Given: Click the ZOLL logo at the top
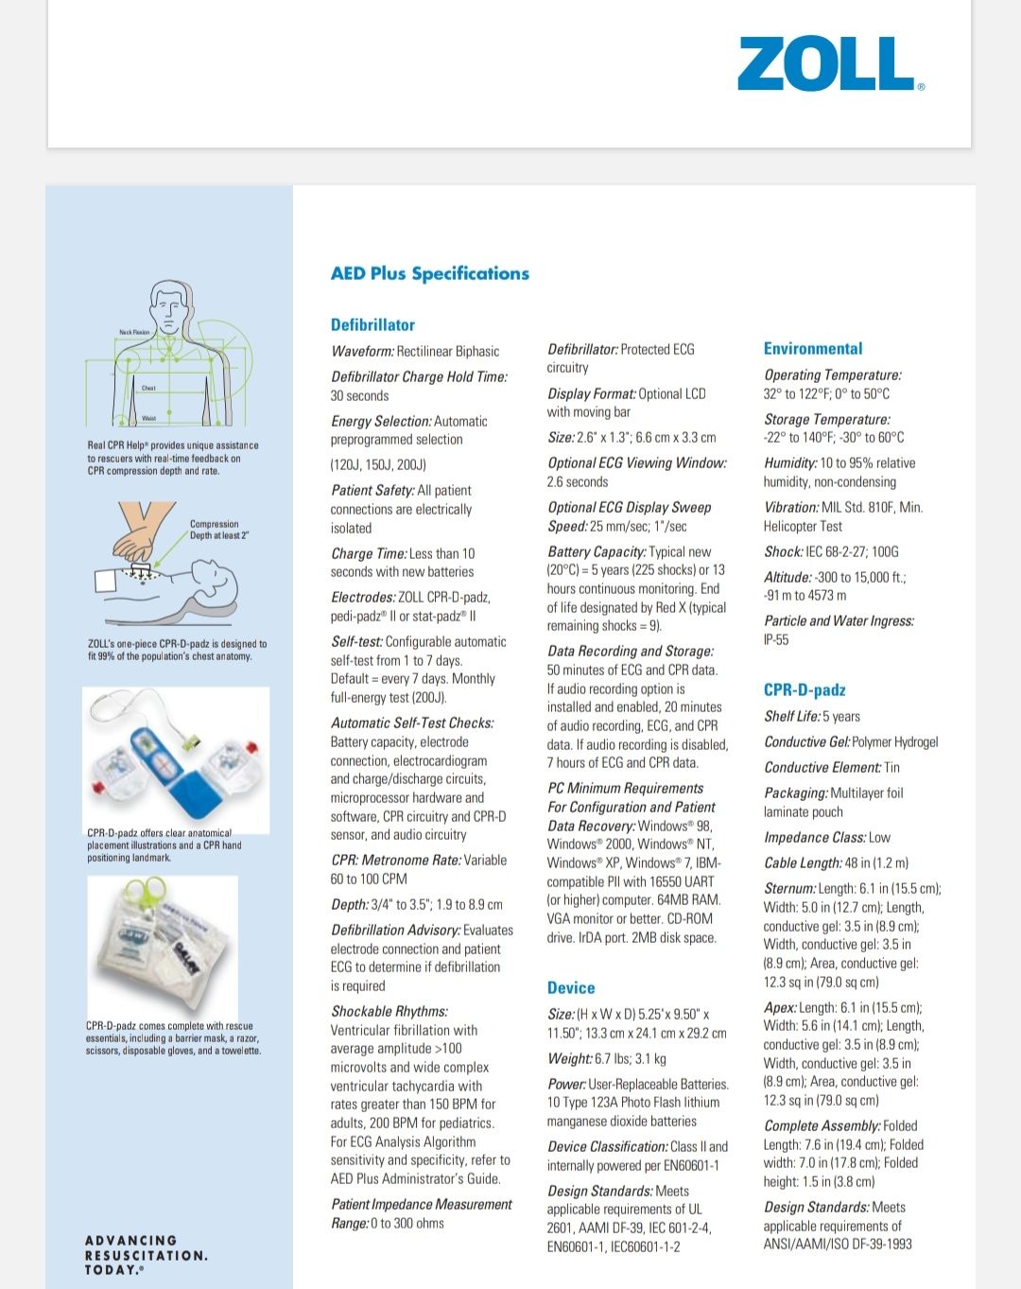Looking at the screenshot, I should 830,64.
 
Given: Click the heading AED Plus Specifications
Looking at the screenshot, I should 429,273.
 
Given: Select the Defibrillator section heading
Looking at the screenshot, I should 372,324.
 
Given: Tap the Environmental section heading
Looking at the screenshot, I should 812,348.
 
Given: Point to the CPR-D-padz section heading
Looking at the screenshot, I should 804,689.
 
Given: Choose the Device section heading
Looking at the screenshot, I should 571,987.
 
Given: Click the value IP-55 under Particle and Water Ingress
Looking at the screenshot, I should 776,639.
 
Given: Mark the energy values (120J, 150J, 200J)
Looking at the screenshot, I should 378,464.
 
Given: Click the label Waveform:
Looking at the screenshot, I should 362,351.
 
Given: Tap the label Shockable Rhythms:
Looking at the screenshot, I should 389,1011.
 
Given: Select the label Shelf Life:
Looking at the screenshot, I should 791,716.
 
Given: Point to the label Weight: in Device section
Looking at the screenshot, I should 569,1058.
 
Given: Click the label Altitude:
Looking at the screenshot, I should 787,577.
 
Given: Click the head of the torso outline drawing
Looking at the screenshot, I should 170,305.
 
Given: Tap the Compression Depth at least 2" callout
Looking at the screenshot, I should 218,530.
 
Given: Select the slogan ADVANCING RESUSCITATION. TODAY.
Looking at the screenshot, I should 146,1255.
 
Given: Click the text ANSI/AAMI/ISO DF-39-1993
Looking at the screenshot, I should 838,1244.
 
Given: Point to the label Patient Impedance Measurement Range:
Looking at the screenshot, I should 421,1213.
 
